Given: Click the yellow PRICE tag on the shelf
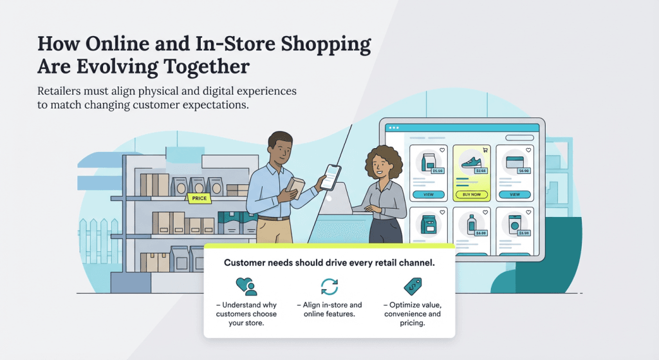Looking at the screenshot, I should pos(200,198).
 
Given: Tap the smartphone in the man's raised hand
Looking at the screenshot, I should pos(330,176).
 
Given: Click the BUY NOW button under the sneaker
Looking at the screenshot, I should pos(471,194).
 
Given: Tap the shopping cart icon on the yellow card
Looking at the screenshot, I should pos(485,150).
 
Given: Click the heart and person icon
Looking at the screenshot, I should pos(246,287).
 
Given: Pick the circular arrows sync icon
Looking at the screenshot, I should pos(329,287).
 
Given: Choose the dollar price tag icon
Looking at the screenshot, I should pos(412,286).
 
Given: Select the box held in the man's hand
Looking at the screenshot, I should pos(295,187).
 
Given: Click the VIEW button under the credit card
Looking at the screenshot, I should pos(515,194).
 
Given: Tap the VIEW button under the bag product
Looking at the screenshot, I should pos(428,194).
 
